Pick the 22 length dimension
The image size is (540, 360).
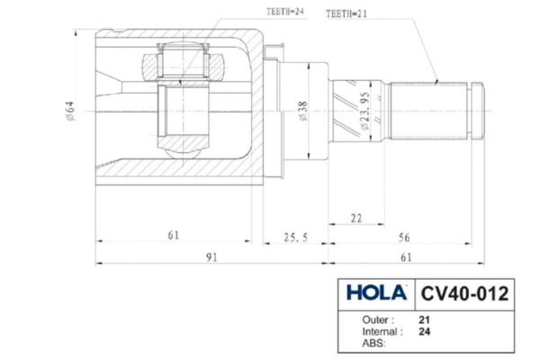(x=357, y=219)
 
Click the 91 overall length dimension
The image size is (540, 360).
(x=212, y=257)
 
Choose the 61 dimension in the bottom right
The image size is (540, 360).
(x=406, y=257)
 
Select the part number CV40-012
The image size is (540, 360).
(x=464, y=293)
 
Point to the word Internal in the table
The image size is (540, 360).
(x=381, y=331)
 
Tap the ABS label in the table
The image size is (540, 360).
(x=372, y=343)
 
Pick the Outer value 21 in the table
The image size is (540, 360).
(x=424, y=319)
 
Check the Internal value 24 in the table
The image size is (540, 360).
(x=424, y=331)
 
